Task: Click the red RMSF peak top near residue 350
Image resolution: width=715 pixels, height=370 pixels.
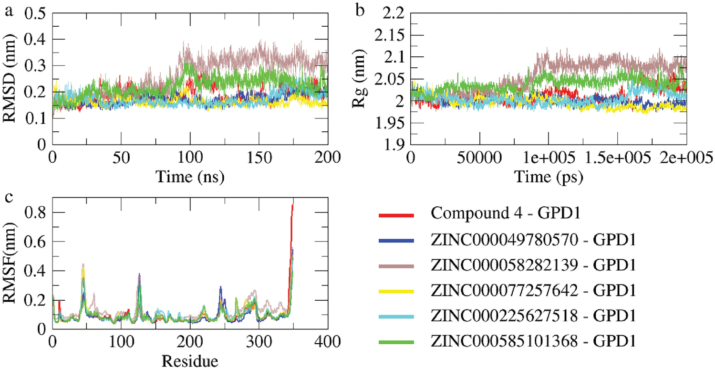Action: (x=292, y=204)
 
